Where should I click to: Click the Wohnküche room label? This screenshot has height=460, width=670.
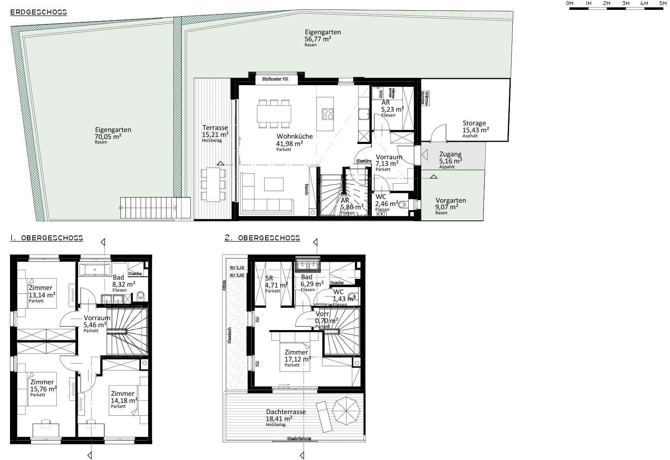coord(294,137)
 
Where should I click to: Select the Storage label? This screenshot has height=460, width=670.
coord(474,123)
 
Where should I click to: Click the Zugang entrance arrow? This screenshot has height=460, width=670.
coord(425,155)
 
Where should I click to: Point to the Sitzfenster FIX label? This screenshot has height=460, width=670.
coord(275,79)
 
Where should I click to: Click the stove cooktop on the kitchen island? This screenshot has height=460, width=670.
coord(328,113)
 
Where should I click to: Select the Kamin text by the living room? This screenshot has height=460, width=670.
coord(307,189)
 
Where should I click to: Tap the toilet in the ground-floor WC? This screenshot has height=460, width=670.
coord(404,204)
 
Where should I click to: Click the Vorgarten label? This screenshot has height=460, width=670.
coord(450,201)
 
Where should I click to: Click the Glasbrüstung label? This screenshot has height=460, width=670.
coord(299,438)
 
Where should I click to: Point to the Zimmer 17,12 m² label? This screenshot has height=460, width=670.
coord(297,352)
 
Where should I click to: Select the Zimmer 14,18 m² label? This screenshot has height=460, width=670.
coord(122,394)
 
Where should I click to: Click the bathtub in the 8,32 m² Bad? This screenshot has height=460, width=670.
coord(94,270)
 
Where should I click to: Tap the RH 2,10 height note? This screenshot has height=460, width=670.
coord(237,268)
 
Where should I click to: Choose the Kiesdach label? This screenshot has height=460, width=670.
coord(229,335)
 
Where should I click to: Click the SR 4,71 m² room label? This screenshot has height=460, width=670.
coord(269,278)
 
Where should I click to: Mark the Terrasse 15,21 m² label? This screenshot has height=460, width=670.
coord(215,128)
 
